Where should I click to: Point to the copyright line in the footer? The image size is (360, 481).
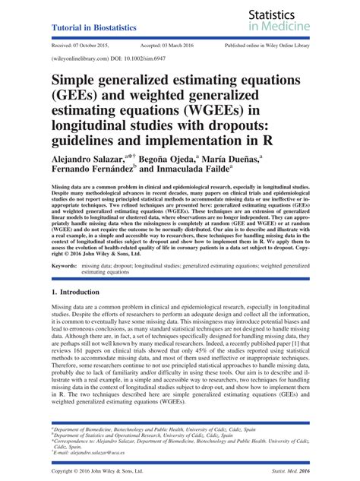point(103,473)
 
